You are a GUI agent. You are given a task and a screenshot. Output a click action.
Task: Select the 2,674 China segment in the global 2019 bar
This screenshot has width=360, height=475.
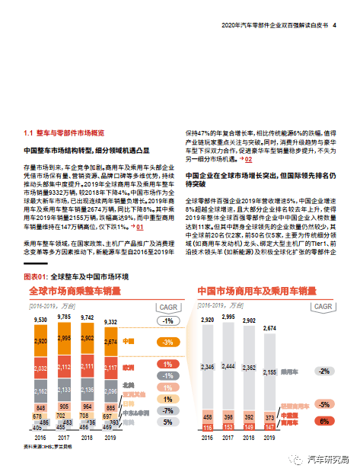coord(110,342)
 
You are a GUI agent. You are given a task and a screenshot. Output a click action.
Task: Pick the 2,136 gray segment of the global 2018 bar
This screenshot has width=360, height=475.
coord(87,391)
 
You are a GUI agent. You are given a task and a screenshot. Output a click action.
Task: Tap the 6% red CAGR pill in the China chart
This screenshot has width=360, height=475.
coord(324,421)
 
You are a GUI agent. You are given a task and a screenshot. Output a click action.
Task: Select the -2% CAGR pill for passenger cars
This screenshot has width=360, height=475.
coord(324,371)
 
